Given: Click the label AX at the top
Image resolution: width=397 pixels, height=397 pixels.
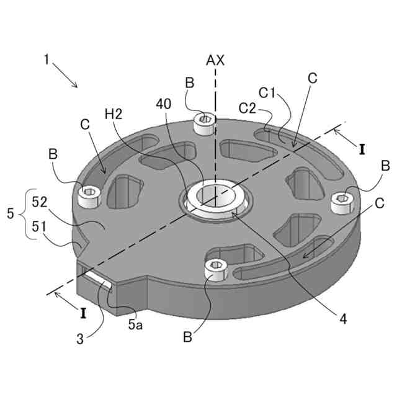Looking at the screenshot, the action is coord(215,60).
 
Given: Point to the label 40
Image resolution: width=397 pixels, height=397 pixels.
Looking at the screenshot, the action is coord(164,105).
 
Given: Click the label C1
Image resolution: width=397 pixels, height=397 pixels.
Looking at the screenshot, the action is coord(268,94).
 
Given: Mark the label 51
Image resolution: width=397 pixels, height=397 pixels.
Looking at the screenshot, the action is coord(40,228).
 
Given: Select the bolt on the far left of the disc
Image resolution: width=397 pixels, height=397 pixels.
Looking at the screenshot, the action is coord(91,195).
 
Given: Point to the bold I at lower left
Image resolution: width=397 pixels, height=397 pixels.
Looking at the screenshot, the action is coord(82,314).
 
